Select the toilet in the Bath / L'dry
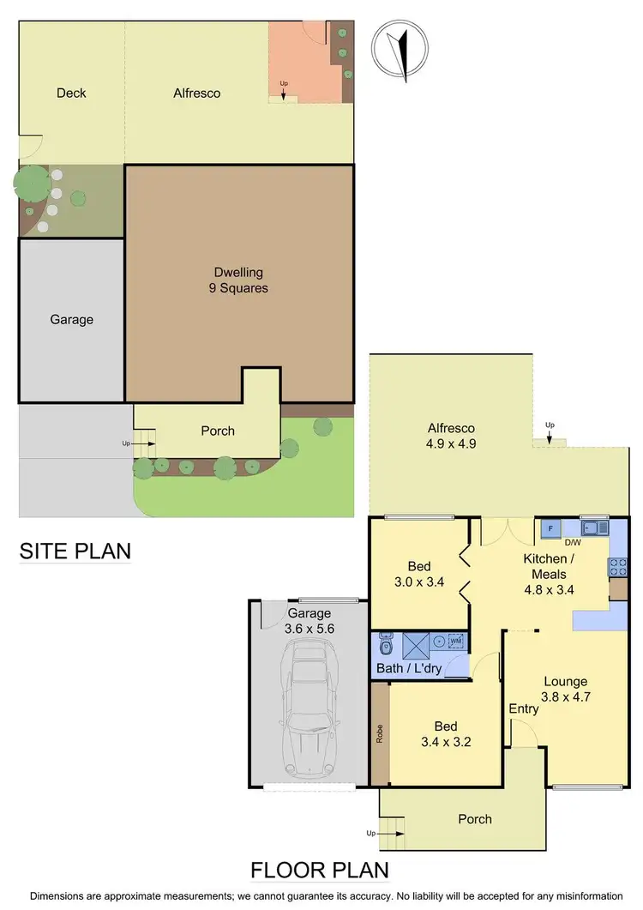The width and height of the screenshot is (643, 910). click(x=385, y=644)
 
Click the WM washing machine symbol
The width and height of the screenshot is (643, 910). click(x=454, y=641)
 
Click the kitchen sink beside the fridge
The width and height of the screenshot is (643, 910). click(x=593, y=527)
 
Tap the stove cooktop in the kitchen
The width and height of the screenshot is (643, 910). click(x=617, y=566)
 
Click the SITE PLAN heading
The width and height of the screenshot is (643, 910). click(x=75, y=550)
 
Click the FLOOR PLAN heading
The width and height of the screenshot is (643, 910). click(x=319, y=870)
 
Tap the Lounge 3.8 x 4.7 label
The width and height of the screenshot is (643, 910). click(x=566, y=690)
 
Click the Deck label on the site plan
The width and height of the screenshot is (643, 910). click(x=71, y=93)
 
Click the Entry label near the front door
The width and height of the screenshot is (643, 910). click(x=524, y=708)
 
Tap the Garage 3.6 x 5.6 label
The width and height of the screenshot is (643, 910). click(x=309, y=621)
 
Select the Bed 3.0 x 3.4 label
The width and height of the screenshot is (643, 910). click(x=419, y=574)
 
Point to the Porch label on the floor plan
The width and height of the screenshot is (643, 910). click(x=475, y=819)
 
